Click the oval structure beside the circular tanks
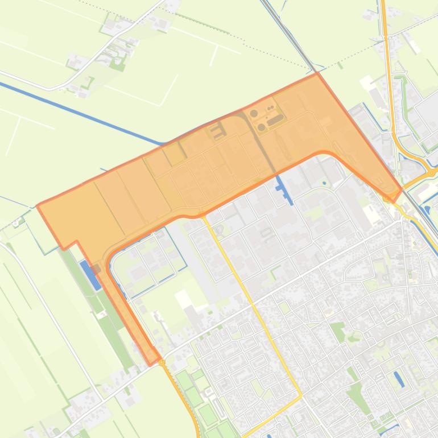(x=275, y=120)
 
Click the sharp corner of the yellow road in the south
(x=301, y=393)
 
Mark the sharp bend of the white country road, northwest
(x=48, y=88)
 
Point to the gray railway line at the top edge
(x=284, y=23)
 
